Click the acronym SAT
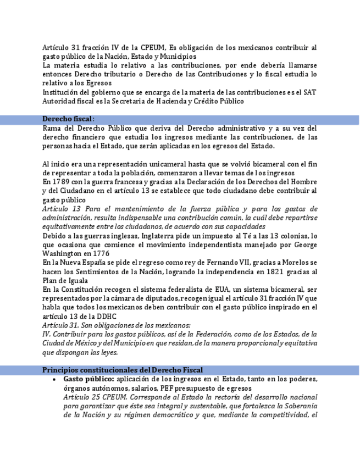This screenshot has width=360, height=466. click(x=311, y=92)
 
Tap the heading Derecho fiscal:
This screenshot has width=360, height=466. click(x=68, y=119)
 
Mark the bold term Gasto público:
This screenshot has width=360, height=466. click(x=89, y=379)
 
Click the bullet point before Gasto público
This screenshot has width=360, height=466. click(x=53, y=379)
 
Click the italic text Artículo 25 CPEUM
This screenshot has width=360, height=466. click(x=95, y=397)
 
